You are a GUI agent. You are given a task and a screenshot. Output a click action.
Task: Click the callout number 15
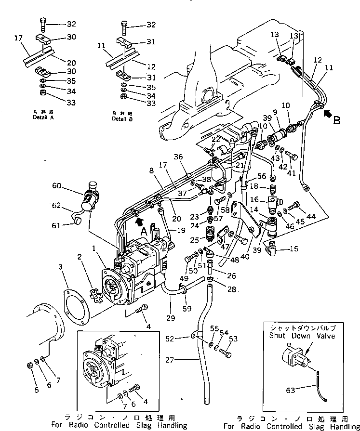pos(294,249)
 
